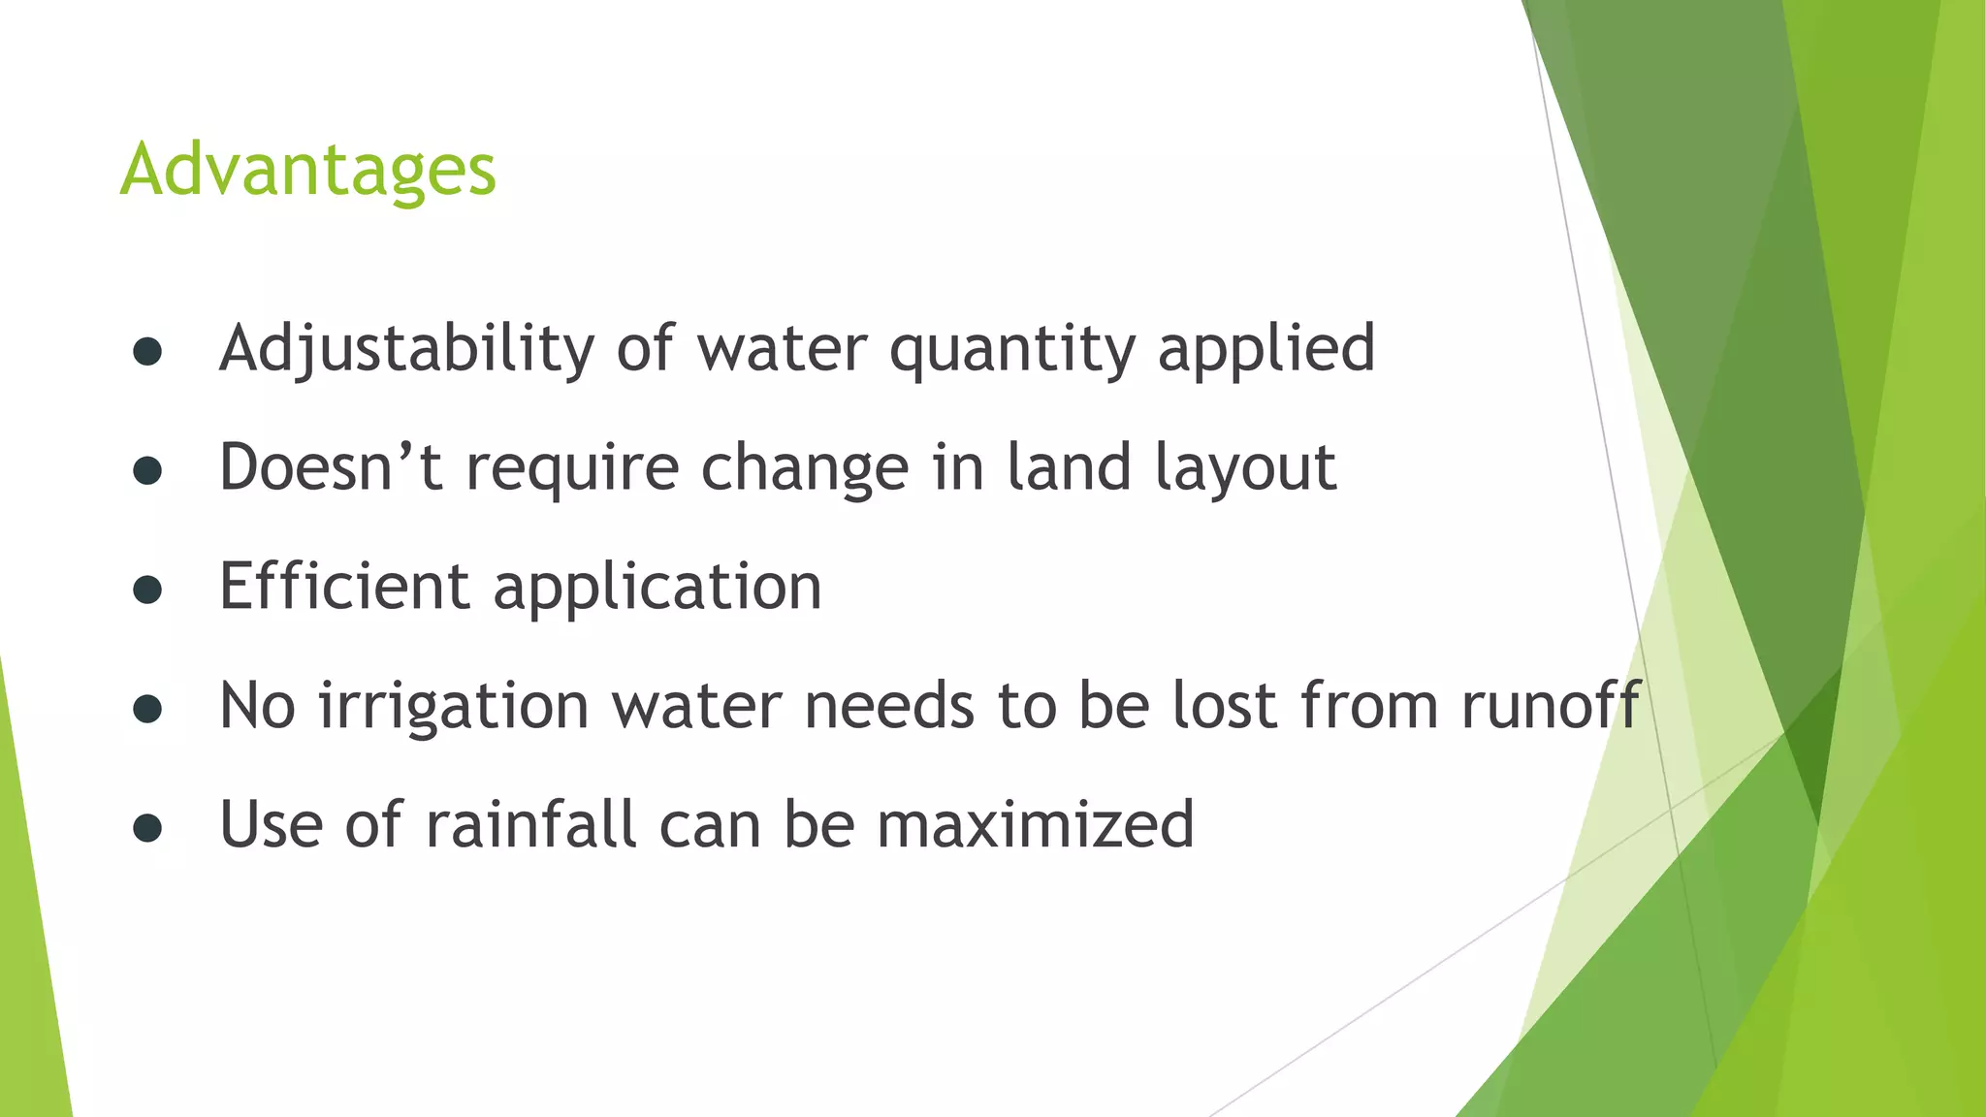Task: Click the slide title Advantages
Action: click(x=307, y=170)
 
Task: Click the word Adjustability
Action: click(x=406, y=349)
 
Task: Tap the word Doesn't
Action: click(x=331, y=467)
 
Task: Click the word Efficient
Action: click(x=344, y=587)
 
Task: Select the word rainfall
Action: click(x=530, y=824)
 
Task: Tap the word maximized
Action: click(x=1035, y=824)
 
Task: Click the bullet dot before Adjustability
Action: click(x=147, y=353)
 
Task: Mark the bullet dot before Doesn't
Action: click(x=147, y=471)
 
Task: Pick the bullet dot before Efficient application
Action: click(x=147, y=590)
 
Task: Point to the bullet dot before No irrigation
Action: click(x=147, y=709)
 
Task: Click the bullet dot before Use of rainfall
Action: click(x=147, y=828)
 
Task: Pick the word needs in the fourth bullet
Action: click(x=889, y=706)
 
